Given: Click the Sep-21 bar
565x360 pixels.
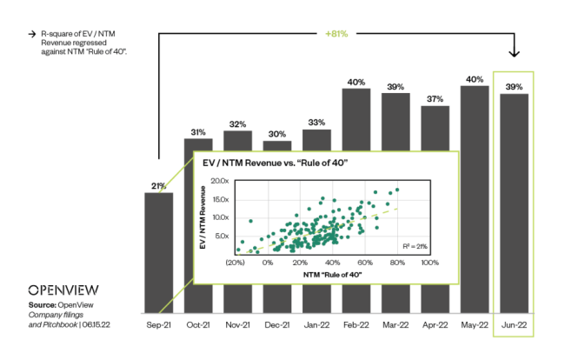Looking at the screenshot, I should coord(159,252).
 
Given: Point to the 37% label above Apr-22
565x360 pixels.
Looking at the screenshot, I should coord(435,98).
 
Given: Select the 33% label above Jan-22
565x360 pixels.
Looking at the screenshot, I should coord(317,122).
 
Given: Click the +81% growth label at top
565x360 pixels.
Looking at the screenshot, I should coord(337,34).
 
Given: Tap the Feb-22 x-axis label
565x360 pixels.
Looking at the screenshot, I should coord(356,323).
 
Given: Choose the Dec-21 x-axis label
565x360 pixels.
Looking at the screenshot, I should coord(277,323).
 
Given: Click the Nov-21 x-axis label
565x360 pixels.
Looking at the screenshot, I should coord(238,323).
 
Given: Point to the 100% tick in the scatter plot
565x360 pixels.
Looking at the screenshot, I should coord(429,262).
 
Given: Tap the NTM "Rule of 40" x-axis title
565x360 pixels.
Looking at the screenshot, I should coord(332,275).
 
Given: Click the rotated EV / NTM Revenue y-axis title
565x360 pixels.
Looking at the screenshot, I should coord(205,217).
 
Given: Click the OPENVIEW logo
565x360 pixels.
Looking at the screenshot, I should coord(63,290).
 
